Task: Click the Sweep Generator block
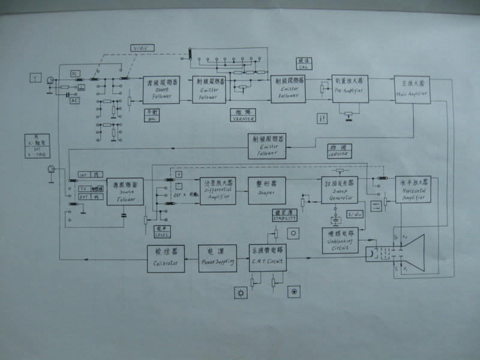[338, 188]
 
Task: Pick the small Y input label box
[36, 78]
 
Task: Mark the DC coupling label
[76, 73]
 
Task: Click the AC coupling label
[76, 101]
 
